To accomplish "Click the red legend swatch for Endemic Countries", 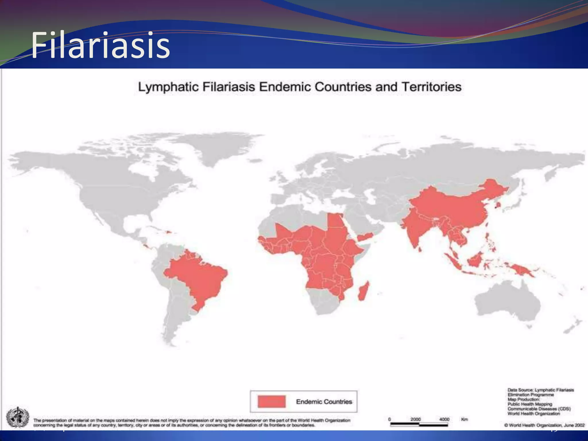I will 272,401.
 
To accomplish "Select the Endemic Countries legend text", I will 324,402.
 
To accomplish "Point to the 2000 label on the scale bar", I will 415,419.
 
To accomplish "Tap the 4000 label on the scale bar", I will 444,419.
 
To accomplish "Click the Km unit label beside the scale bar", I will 465,419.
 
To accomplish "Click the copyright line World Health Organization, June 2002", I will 544,425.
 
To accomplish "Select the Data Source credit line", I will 541,390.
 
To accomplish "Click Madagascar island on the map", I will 363,291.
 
